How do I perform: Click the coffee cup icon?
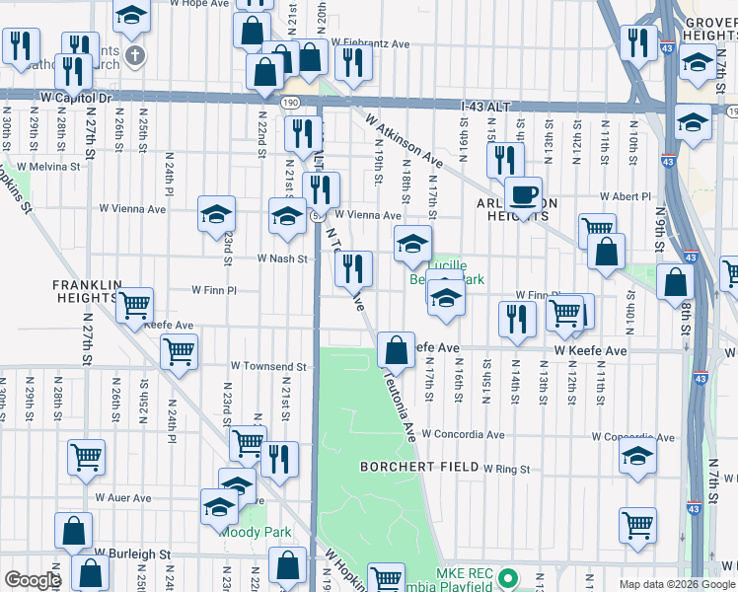[523, 193]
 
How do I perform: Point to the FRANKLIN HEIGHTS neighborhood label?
[86, 291]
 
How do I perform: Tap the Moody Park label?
[255, 532]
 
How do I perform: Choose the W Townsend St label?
[268, 366]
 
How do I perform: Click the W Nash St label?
[283, 259]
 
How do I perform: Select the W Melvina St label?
[46, 167]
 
